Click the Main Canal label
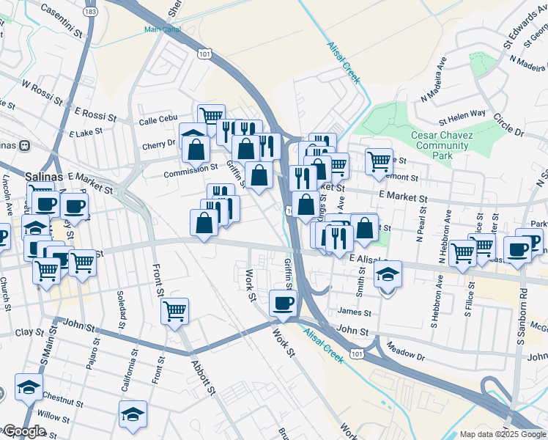click(161, 30)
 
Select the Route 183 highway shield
click(90, 12)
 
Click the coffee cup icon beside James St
click(283, 302)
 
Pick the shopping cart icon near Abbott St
click(174, 311)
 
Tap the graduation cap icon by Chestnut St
click(28, 386)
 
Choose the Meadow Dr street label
click(405, 350)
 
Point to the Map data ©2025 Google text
click(502, 434)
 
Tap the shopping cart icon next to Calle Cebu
click(211, 114)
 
